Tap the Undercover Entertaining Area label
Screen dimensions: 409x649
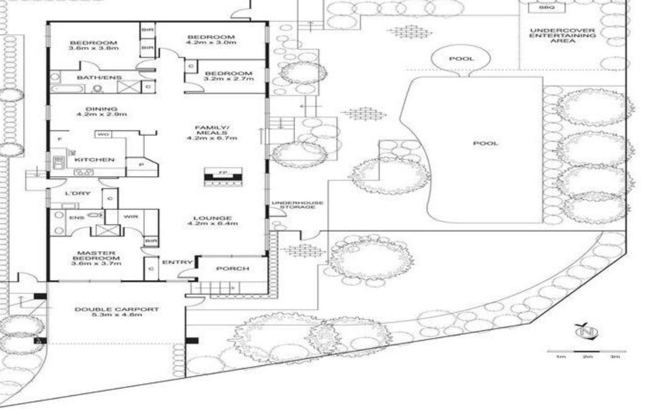tap(562, 35)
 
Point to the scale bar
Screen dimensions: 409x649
tap(586, 351)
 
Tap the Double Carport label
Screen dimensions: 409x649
tap(116, 312)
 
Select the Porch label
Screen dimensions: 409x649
tap(232, 269)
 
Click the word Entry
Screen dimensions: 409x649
tap(177, 262)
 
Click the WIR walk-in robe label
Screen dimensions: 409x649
tap(131, 217)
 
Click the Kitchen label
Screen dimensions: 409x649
tap(94, 160)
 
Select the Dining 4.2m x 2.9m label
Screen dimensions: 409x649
tap(102, 112)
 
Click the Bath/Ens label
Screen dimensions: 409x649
tap(91, 78)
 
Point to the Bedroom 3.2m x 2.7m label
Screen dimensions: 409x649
tap(228, 76)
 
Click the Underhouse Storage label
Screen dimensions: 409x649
tap(296, 205)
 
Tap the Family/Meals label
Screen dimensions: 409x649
tap(212, 132)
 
